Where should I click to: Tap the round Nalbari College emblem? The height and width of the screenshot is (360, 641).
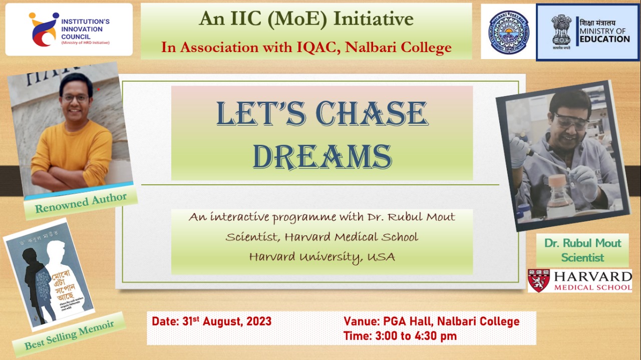[x=508, y=32]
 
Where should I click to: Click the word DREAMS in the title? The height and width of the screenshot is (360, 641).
[x=322, y=156]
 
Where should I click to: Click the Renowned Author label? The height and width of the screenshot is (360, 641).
[x=81, y=203]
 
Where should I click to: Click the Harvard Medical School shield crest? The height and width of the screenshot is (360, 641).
[x=538, y=281]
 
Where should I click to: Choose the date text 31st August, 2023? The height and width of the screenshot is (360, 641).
[x=225, y=321]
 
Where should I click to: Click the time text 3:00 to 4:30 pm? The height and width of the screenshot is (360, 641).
[x=416, y=336]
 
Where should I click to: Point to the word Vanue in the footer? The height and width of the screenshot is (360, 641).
[x=361, y=321]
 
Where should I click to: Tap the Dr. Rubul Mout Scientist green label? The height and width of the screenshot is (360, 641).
[x=582, y=250]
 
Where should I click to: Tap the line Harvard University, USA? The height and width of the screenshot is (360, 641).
[x=322, y=257]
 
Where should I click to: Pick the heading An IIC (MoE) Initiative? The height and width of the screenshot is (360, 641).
[x=306, y=19]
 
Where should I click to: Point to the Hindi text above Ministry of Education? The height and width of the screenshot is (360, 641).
[x=598, y=23]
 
